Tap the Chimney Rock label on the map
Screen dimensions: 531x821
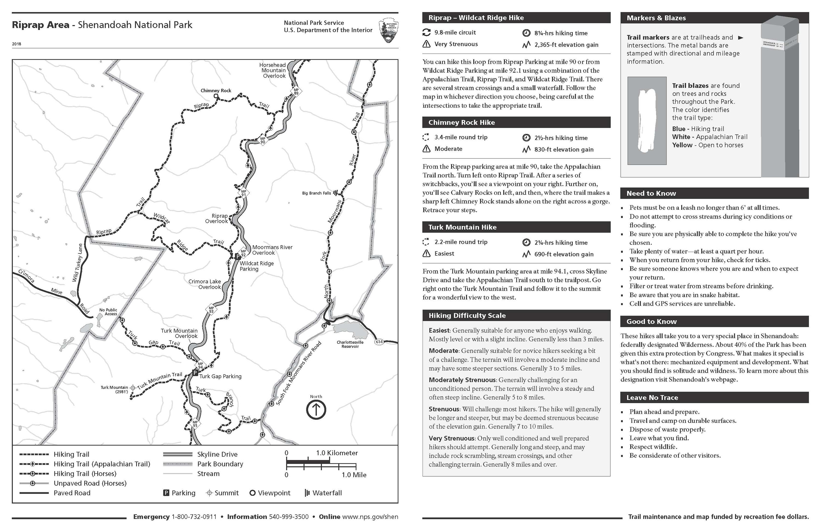(216, 91)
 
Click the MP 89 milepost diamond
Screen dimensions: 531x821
(296, 92)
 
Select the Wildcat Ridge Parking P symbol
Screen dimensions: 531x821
(237, 257)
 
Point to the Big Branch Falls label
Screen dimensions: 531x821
(316, 193)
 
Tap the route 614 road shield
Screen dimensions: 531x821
(379, 342)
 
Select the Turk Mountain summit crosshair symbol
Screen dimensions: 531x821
(132, 388)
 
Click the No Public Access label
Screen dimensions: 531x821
(108, 312)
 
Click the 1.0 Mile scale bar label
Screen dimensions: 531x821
(354, 475)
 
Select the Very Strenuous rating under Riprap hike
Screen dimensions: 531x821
(456, 44)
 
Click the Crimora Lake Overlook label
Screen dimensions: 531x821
(204, 284)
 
